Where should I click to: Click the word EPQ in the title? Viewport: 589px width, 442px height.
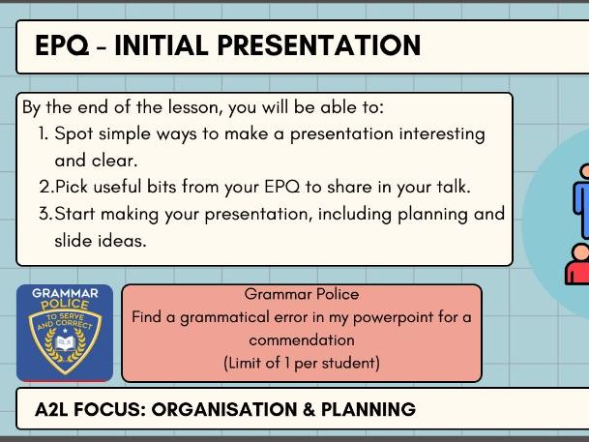(60, 45)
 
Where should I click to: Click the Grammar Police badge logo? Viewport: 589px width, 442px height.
(64, 332)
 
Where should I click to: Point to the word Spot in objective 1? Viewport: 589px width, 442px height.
(74, 133)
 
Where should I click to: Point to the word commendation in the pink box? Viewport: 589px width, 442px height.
(302, 340)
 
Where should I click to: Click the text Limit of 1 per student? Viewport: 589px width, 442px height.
(302, 363)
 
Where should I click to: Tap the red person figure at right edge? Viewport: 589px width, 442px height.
(578, 264)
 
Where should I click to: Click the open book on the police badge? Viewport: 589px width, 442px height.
(64, 344)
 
